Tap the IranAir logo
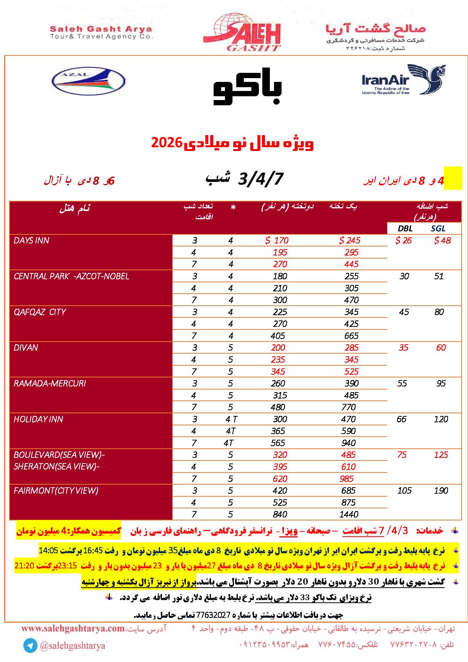pos(403,80)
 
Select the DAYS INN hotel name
pos(31,240)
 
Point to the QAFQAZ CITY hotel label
pos(40,312)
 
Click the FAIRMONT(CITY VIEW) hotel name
pos(56,490)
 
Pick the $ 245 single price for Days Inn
pos(349,240)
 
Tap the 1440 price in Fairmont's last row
pos(348,514)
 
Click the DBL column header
pos(405,228)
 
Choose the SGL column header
pos(438,228)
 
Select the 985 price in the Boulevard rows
pos(346,479)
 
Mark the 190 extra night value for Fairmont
pos(441,490)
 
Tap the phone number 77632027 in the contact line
pos(214,614)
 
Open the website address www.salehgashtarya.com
pos(73,629)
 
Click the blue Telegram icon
pos(30,646)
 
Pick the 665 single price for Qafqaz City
pos(351,336)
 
